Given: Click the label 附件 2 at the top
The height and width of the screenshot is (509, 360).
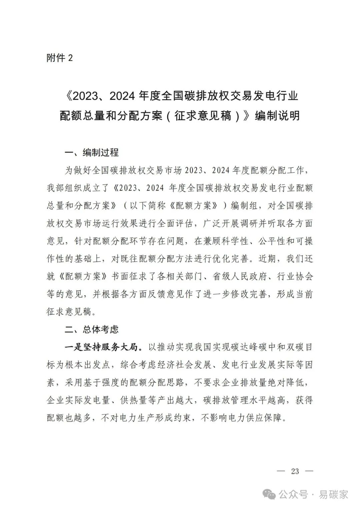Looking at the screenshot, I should click(60, 58).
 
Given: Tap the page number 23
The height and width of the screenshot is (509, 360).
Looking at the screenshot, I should click(295, 471).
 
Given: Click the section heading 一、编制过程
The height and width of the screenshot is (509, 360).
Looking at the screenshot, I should click(92, 153).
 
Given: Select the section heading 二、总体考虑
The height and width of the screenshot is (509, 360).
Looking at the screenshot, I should click(92, 330).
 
